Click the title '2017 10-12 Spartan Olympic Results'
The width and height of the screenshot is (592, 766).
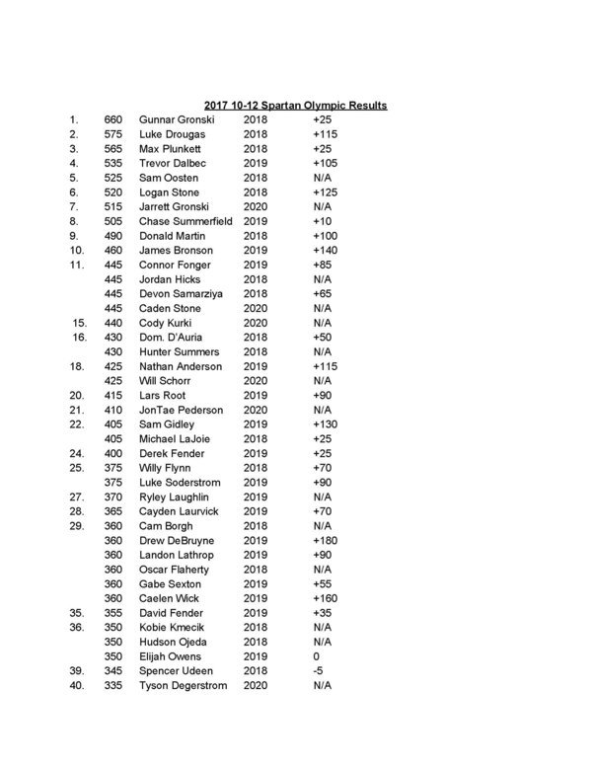pyautogui.click(x=295, y=104)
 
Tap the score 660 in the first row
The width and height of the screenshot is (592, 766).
pyautogui.click(x=112, y=118)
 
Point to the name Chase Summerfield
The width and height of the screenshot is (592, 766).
pyautogui.click(x=185, y=221)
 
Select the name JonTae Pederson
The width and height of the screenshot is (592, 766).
pyautogui.click(x=182, y=410)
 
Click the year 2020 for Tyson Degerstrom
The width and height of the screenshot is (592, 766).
pyautogui.click(x=255, y=685)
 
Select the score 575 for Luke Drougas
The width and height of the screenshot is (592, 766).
pyautogui.click(x=112, y=133)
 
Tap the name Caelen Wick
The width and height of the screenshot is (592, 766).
pyautogui.click(x=169, y=598)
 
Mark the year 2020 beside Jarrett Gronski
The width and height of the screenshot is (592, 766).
pyautogui.click(x=255, y=206)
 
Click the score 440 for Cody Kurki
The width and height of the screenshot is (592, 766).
pyautogui.click(x=112, y=323)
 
